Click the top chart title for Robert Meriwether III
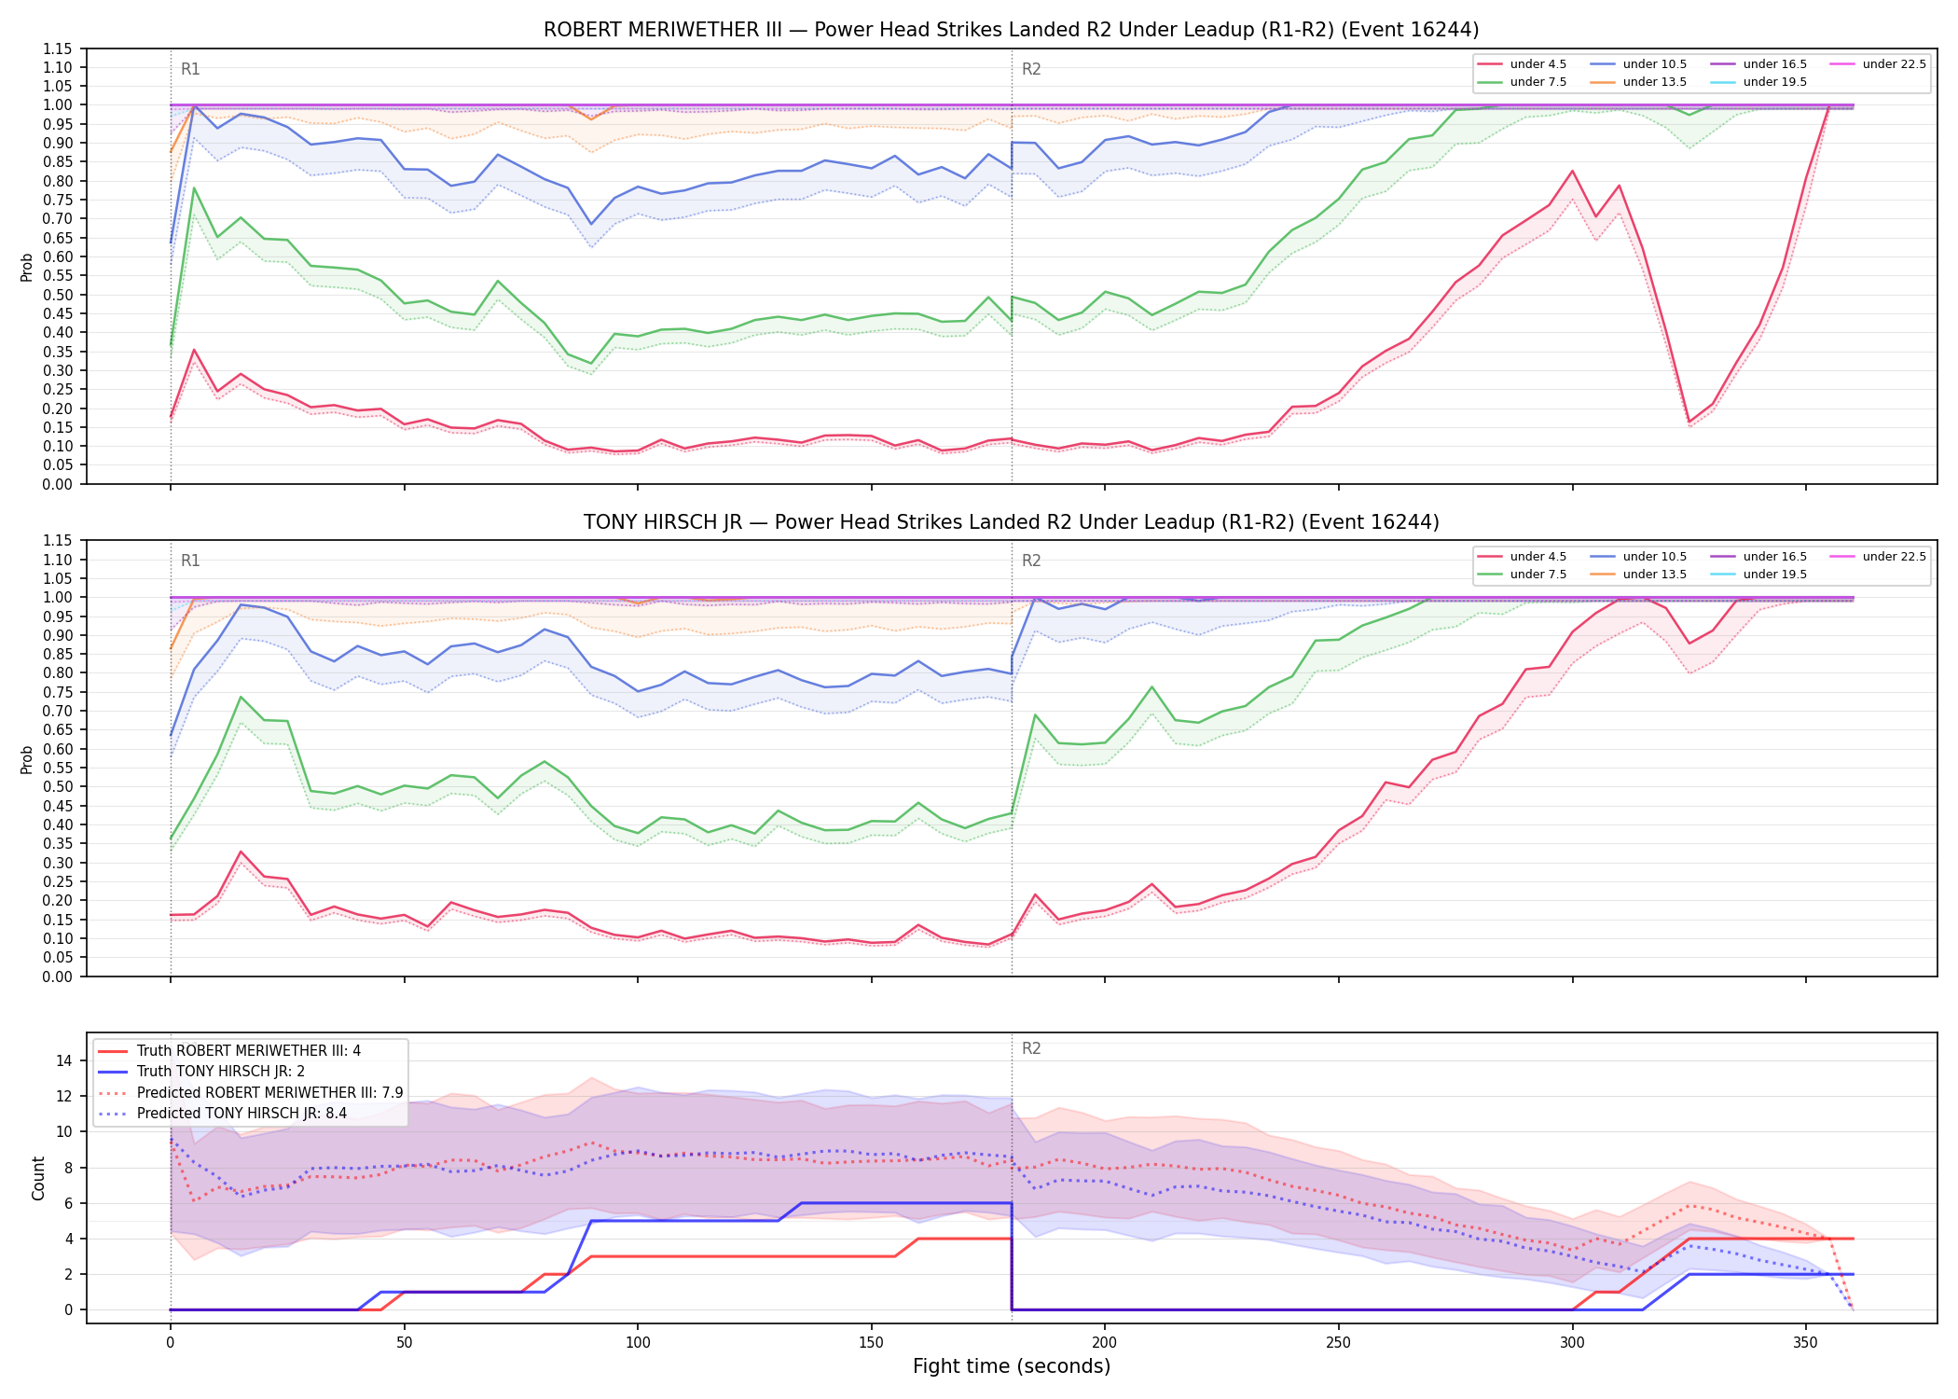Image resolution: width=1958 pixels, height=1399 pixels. click(x=1011, y=30)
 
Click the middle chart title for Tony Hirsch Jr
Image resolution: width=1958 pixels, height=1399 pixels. click(x=1011, y=522)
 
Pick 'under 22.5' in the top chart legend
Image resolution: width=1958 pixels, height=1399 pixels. click(x=1895, y=64)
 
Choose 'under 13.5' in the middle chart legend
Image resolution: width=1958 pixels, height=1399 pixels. click(x=1655, y=575)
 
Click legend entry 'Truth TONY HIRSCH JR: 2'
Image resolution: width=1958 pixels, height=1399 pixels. click(x=221, y=1072)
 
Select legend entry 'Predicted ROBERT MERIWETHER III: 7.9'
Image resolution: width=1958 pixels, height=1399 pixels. click(x=270, y=1092)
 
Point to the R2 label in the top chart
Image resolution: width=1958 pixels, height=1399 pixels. click(x=1031, y=69)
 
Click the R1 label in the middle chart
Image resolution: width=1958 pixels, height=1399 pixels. click(x=190, y=561)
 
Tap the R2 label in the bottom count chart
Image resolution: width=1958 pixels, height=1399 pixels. click(x=1031, y=1048)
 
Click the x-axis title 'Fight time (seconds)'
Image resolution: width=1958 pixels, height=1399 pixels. click(x=1012, y=1366)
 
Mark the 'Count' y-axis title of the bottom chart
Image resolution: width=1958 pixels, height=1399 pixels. click(x=38, y=1178)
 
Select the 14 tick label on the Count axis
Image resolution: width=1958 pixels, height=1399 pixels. click(x=64, y=1060)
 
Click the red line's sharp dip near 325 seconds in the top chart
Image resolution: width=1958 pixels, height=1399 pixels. click(x=1689, y=422)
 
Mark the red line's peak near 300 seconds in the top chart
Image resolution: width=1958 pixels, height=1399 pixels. click(x=1573, y=171)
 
